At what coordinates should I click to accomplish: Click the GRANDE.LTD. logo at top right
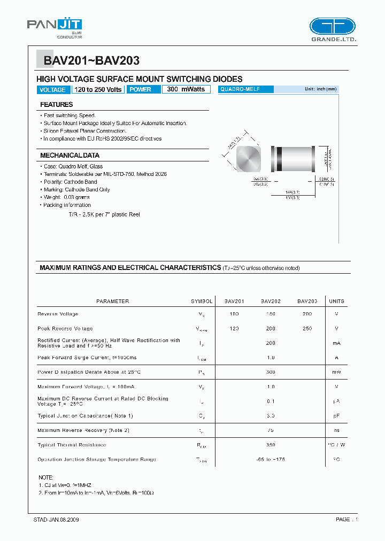point(332,30)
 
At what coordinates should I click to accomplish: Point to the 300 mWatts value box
point(186,90)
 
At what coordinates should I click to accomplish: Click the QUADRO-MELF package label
point(240,90)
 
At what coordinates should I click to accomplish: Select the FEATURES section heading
point(57,105)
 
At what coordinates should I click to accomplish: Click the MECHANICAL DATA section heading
point(70,156)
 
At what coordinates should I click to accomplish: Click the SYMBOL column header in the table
point(202,302)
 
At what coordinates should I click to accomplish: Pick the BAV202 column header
point(271,302)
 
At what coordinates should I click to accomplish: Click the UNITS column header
point(336,302)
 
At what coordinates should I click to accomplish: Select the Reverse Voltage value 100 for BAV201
point(234,314)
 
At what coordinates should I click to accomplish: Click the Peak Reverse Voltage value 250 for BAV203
point(307,329)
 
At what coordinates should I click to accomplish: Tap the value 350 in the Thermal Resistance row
point(271,445)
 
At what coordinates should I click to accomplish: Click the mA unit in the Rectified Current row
point(336,343)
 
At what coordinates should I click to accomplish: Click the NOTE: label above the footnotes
point(46,477)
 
